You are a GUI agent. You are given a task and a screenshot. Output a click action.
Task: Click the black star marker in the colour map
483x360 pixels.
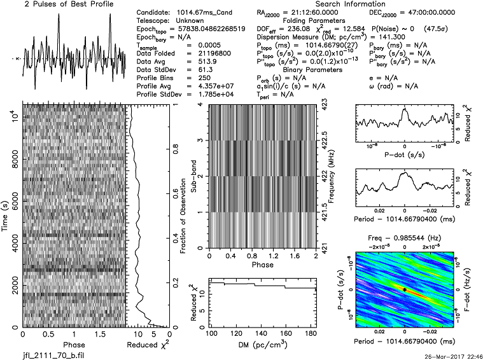pyautogui.click(x=404, y=289)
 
